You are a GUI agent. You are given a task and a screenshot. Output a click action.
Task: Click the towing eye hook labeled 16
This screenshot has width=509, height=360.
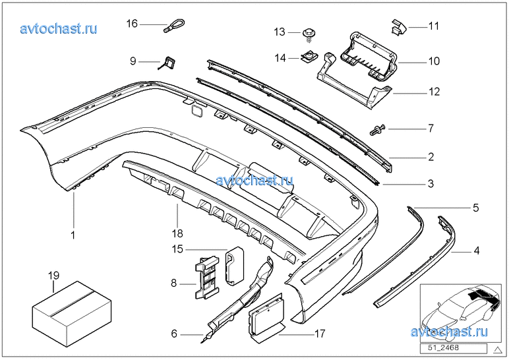click(x=174, y=26)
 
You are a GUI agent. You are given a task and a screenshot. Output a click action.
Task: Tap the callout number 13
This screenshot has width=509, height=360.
click(x=279, y=32)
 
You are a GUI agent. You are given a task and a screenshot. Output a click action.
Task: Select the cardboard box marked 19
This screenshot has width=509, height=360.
click(x=72, y=309)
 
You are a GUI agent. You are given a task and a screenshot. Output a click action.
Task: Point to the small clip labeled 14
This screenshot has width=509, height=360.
click(x=309, y=57)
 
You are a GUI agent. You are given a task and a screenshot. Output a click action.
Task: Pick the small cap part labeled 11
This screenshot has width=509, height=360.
click(x=399, y=26)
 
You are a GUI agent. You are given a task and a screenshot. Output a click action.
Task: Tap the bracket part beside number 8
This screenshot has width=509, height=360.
click(x=207, y=277)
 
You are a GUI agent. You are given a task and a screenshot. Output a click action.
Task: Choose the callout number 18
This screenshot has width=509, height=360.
click(x=177, y=233)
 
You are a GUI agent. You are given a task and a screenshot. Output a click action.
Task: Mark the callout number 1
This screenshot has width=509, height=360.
click(x=73, y=235)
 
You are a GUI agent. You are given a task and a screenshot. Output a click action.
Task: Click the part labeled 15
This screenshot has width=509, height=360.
click(x=235, y=266)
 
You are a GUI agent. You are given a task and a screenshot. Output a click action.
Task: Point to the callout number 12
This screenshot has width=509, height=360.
click(x=434, y=92)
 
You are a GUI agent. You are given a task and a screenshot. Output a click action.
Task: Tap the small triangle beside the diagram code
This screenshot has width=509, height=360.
click(x=498, y=349)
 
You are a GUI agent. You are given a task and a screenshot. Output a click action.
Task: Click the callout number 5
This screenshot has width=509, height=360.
click(x=476, y=208)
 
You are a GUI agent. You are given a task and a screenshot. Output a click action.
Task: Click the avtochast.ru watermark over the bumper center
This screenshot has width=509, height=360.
click(x=254, y=180)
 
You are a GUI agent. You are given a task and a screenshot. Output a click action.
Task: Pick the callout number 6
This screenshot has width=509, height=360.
click(x=174, y=334)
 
